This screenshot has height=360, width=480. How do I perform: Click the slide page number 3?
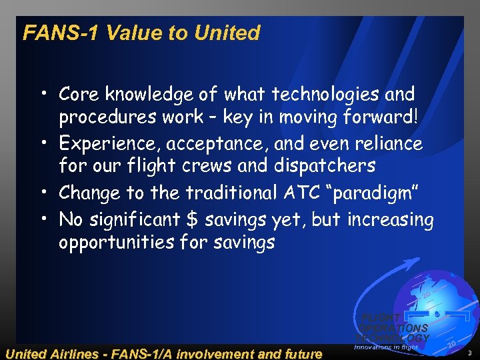click(x=469, y=352)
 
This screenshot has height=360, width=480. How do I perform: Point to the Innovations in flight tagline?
click(x=385, y=347)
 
